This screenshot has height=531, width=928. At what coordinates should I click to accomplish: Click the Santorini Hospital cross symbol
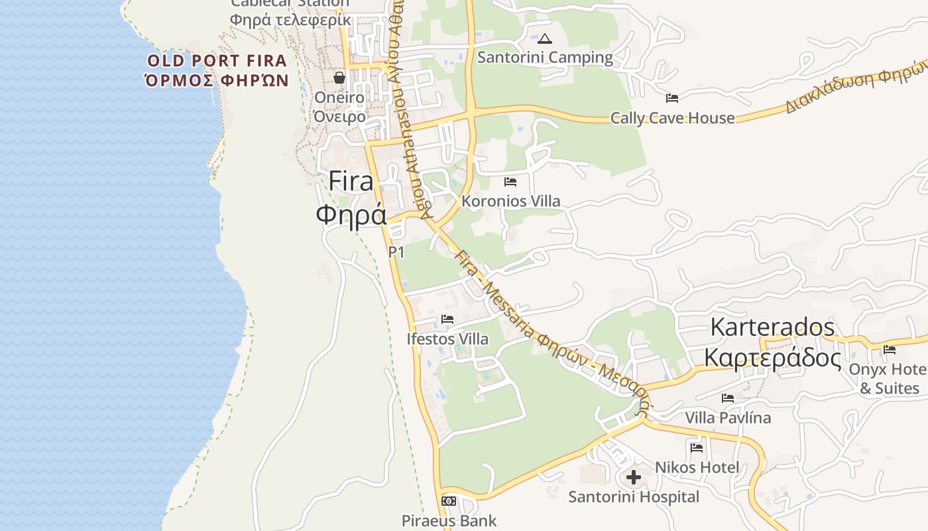click(633, 477)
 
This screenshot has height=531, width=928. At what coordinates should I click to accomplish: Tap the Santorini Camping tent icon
click(544, 38)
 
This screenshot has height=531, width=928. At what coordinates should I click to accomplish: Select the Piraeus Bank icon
click(449, 500)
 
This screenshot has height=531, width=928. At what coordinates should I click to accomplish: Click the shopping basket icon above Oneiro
click(339, 78)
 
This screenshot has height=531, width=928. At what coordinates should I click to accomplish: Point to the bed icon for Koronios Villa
click(510, 181)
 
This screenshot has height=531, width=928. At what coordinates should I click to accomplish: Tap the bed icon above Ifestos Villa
click(447, 319)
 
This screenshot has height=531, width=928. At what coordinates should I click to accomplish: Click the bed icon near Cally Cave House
click(671, 98)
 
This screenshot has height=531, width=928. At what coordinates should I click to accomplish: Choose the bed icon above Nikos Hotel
click(696, 447)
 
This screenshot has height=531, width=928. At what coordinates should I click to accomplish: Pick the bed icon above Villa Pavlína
click(727, 398)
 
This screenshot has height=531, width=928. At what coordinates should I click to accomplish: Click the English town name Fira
click(351, 181)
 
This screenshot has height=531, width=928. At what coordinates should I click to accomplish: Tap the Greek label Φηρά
click(351, 214)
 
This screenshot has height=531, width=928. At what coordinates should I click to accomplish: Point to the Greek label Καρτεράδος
click(772, 358)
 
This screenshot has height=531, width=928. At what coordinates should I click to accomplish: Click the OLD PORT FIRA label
click(217, 61)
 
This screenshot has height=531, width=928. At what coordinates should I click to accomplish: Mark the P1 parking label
click(396, 252)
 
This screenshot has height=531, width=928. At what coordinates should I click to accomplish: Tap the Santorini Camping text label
click(545, 57)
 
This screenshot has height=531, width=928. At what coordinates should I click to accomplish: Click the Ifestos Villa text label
click(447, 339)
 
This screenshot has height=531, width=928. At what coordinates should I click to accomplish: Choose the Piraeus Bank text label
click(449, 521)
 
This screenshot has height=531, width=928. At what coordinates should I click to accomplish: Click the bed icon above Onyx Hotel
click(889, 350)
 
